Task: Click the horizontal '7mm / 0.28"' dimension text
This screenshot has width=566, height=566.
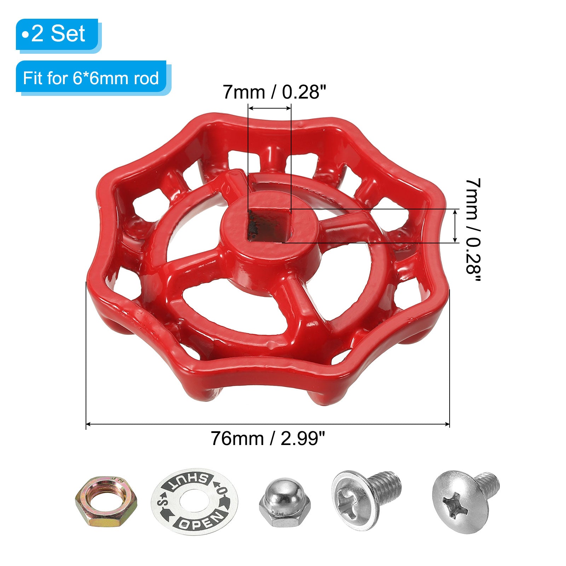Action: (274, 92)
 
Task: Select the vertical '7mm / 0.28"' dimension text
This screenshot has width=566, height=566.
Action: (473, 230)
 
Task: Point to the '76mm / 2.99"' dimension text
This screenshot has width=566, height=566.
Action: (268, 439)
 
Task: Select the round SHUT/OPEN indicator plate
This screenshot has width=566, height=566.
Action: (195, 502)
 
